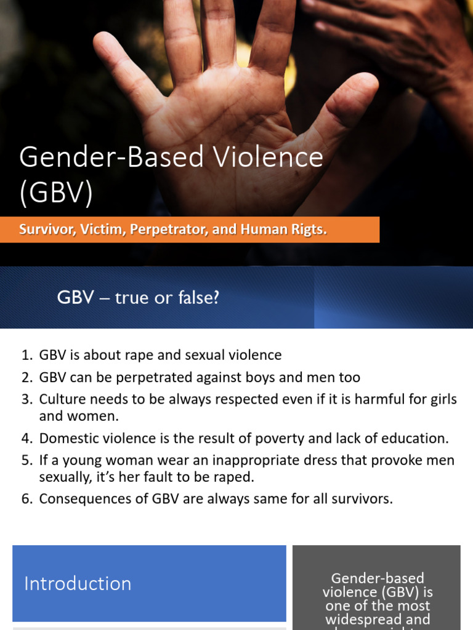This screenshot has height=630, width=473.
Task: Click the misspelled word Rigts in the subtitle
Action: pyautogui.click(x=305, y=229)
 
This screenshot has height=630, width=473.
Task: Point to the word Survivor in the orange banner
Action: pyautogui.click(x=45, y=229)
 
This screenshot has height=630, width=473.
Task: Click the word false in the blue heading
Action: pyautogui.click(x=196, y=299)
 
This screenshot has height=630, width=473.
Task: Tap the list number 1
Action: pyautogui.click(x=26, y=355)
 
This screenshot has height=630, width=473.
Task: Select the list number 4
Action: pyautogui.click(x=26, y=438)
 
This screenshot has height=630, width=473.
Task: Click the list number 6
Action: pyautogui.click(x=26, y=498)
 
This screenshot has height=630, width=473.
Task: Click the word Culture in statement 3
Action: pyautogui.click(x=60, y=399)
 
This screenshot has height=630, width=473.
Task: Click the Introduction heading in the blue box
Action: pyautogui.click(x=78, y=583)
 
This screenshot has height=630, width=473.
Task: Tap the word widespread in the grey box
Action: pyautogui.click(x=376, y=619)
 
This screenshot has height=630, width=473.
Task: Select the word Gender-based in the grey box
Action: pyautogui.click(x=378, y=578)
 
